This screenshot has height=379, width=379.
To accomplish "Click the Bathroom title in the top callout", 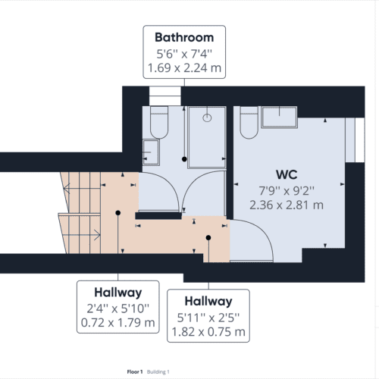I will click(184, 37).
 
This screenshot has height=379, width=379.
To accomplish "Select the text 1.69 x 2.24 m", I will click(184, 69).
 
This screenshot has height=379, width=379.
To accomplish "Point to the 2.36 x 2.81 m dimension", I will click(287, 204).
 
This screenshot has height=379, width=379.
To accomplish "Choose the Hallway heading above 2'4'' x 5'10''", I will click(117, 293).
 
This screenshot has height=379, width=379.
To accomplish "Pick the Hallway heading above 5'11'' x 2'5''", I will click(206, 302).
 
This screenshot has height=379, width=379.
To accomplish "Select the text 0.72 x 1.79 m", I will click(117, 323).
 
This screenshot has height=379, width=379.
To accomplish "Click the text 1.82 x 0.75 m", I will click(206, 332).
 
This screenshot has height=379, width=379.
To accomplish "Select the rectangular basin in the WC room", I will click(283, 117).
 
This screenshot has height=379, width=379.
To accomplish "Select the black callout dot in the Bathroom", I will click(184, 158).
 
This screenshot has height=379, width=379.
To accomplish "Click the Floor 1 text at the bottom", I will click(136, 371).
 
